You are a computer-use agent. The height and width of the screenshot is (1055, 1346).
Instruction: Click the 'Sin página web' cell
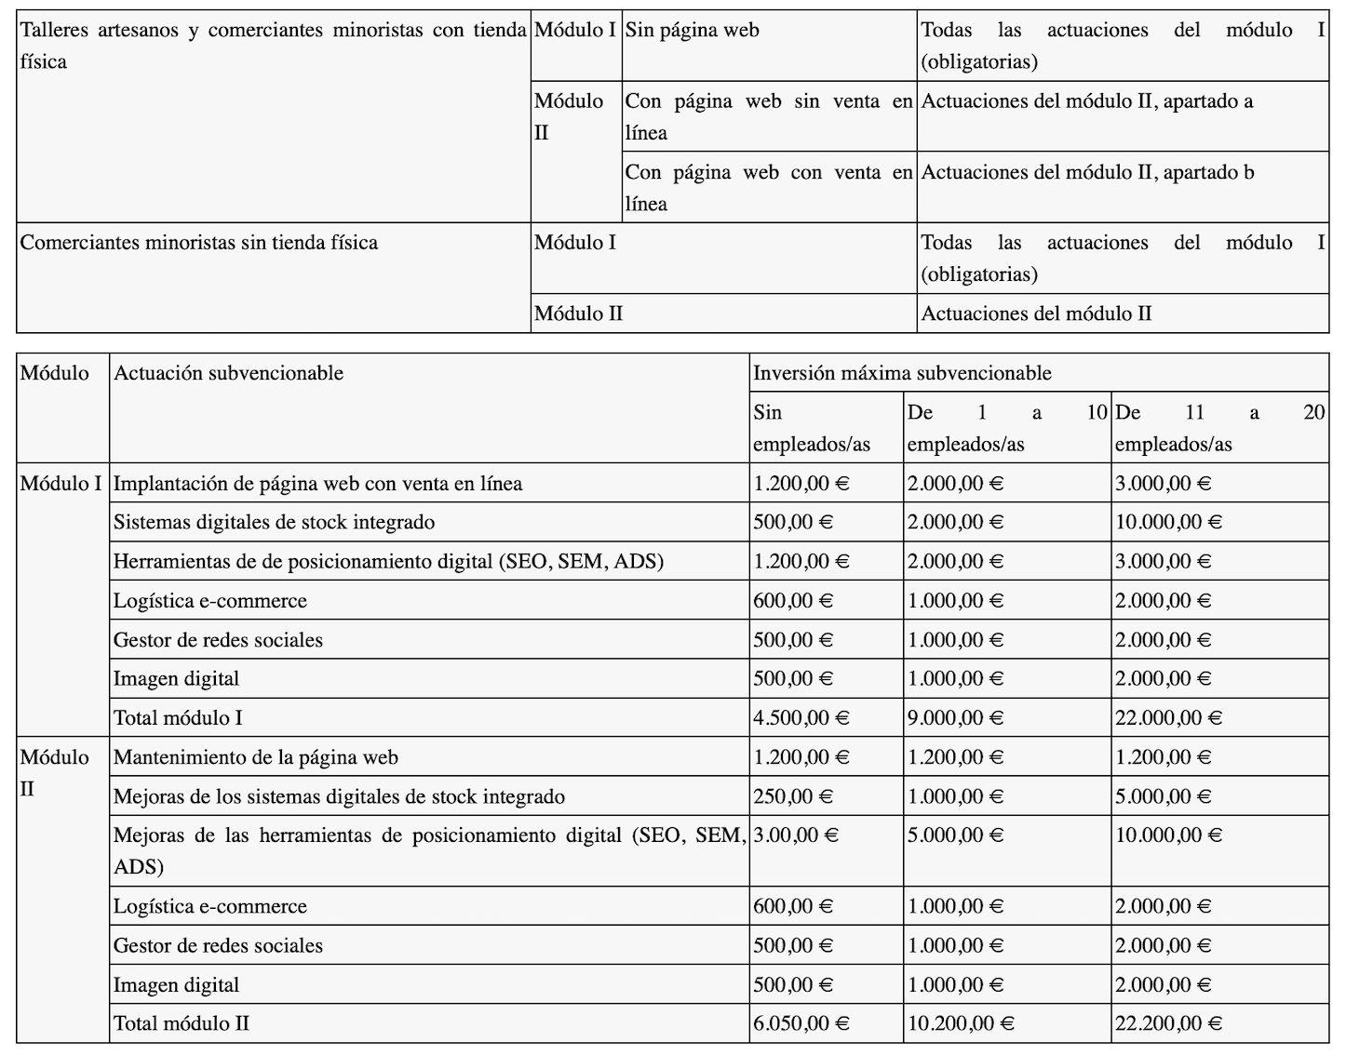(692, 31)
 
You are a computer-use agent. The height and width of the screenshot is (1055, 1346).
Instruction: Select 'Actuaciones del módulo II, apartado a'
(1086, 101)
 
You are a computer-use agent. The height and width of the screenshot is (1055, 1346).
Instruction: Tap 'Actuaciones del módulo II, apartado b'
(1086, 172)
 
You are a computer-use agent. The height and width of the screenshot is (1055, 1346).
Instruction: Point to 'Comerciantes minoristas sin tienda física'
(199, 243)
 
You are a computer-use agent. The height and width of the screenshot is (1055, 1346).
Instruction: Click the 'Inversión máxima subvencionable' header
(902, 373)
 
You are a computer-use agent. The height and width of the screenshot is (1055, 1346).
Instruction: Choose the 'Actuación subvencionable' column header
(228, 373)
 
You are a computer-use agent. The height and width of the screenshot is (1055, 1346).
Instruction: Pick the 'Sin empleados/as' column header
(811, 428)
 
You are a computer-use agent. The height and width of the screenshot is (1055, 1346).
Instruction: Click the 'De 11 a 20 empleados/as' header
(1218, 428)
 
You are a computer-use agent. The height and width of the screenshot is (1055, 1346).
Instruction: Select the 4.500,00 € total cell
(801, 718)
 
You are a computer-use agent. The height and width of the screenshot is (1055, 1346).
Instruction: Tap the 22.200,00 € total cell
(1168, 1023)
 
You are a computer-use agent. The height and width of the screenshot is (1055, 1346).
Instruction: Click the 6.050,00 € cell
(801, 1023)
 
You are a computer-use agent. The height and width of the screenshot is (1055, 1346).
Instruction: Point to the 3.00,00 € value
(796, 835)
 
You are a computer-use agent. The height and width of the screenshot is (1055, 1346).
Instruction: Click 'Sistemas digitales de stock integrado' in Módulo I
(274, 522)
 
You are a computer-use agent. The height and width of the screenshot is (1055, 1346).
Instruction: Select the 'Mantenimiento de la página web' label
(255, 757)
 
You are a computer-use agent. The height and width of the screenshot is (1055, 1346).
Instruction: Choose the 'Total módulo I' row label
(178, 718)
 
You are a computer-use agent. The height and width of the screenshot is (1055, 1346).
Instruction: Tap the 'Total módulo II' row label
(182, 1023)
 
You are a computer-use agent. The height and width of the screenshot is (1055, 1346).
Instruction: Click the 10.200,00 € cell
(961, 1023)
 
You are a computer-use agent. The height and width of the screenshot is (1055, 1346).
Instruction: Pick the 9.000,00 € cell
(955, 718)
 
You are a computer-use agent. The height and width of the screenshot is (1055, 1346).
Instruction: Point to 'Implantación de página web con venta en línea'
(317, 484)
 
